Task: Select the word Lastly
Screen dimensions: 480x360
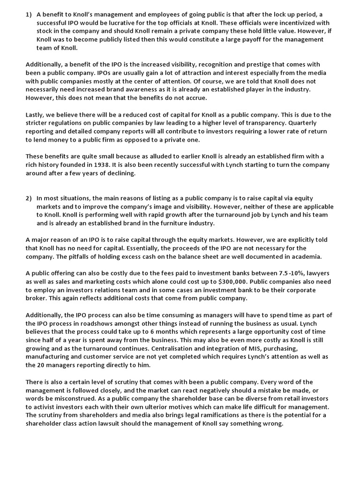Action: [x=35, y=115]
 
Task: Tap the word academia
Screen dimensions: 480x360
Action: [x=306, y=256]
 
